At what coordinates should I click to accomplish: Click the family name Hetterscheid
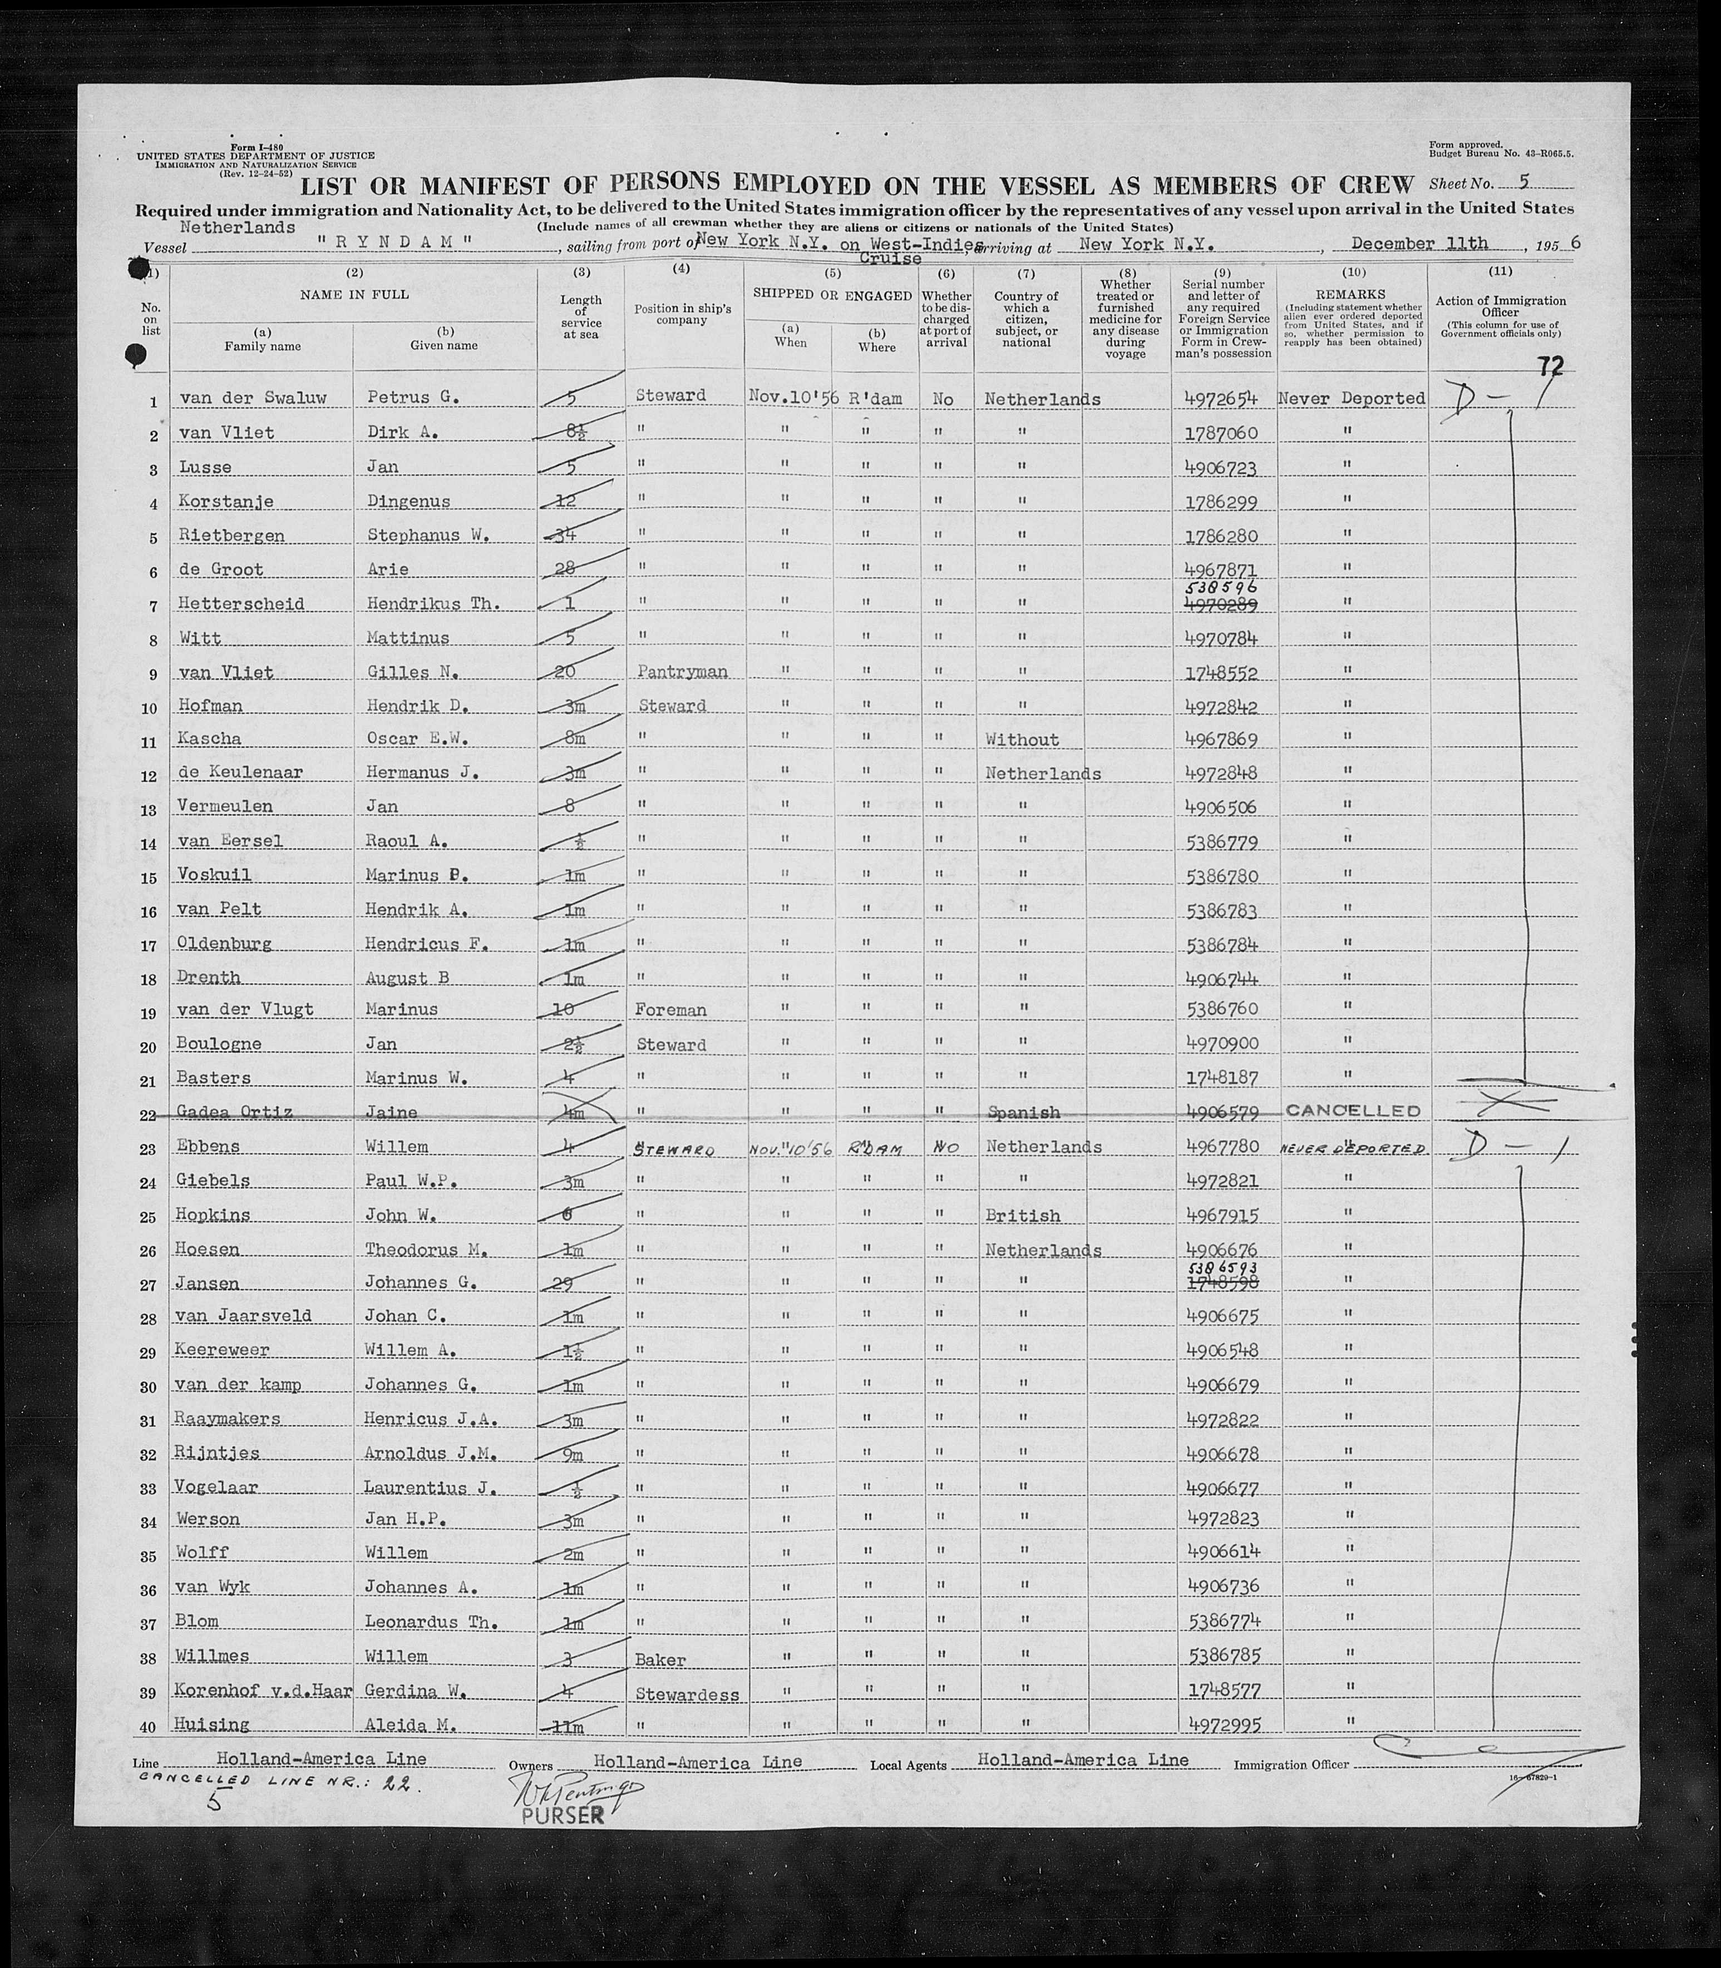[240, 604]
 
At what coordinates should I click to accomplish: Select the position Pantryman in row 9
[681, 672]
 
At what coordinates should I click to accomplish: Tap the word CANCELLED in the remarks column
[1352, 1111]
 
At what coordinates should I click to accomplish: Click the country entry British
[1023, 1216]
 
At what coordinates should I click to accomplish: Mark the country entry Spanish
[1023, 1113]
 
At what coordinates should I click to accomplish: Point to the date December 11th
[1432, 243]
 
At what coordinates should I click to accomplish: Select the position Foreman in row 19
[670, 1010]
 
